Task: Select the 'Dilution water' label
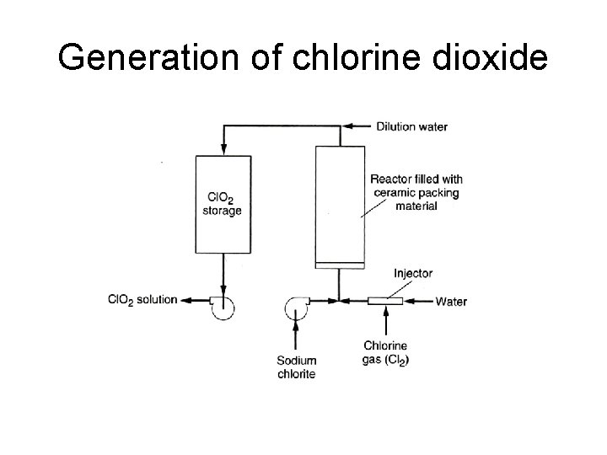pos(412,127)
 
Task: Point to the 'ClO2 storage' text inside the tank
pos(223,204)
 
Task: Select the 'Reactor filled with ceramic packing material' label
pos(416,192)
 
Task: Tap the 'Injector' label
pos(413,273)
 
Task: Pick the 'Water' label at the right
pos(451,301)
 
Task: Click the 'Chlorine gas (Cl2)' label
pos(386,352)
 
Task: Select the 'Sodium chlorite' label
pos(297,367)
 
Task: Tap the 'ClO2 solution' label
pos(142,300)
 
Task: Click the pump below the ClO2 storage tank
pos(223,308)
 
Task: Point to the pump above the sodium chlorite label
pos(298,308)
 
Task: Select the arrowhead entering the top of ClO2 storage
pos(223,149)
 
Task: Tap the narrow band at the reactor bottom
pos(339,265)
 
